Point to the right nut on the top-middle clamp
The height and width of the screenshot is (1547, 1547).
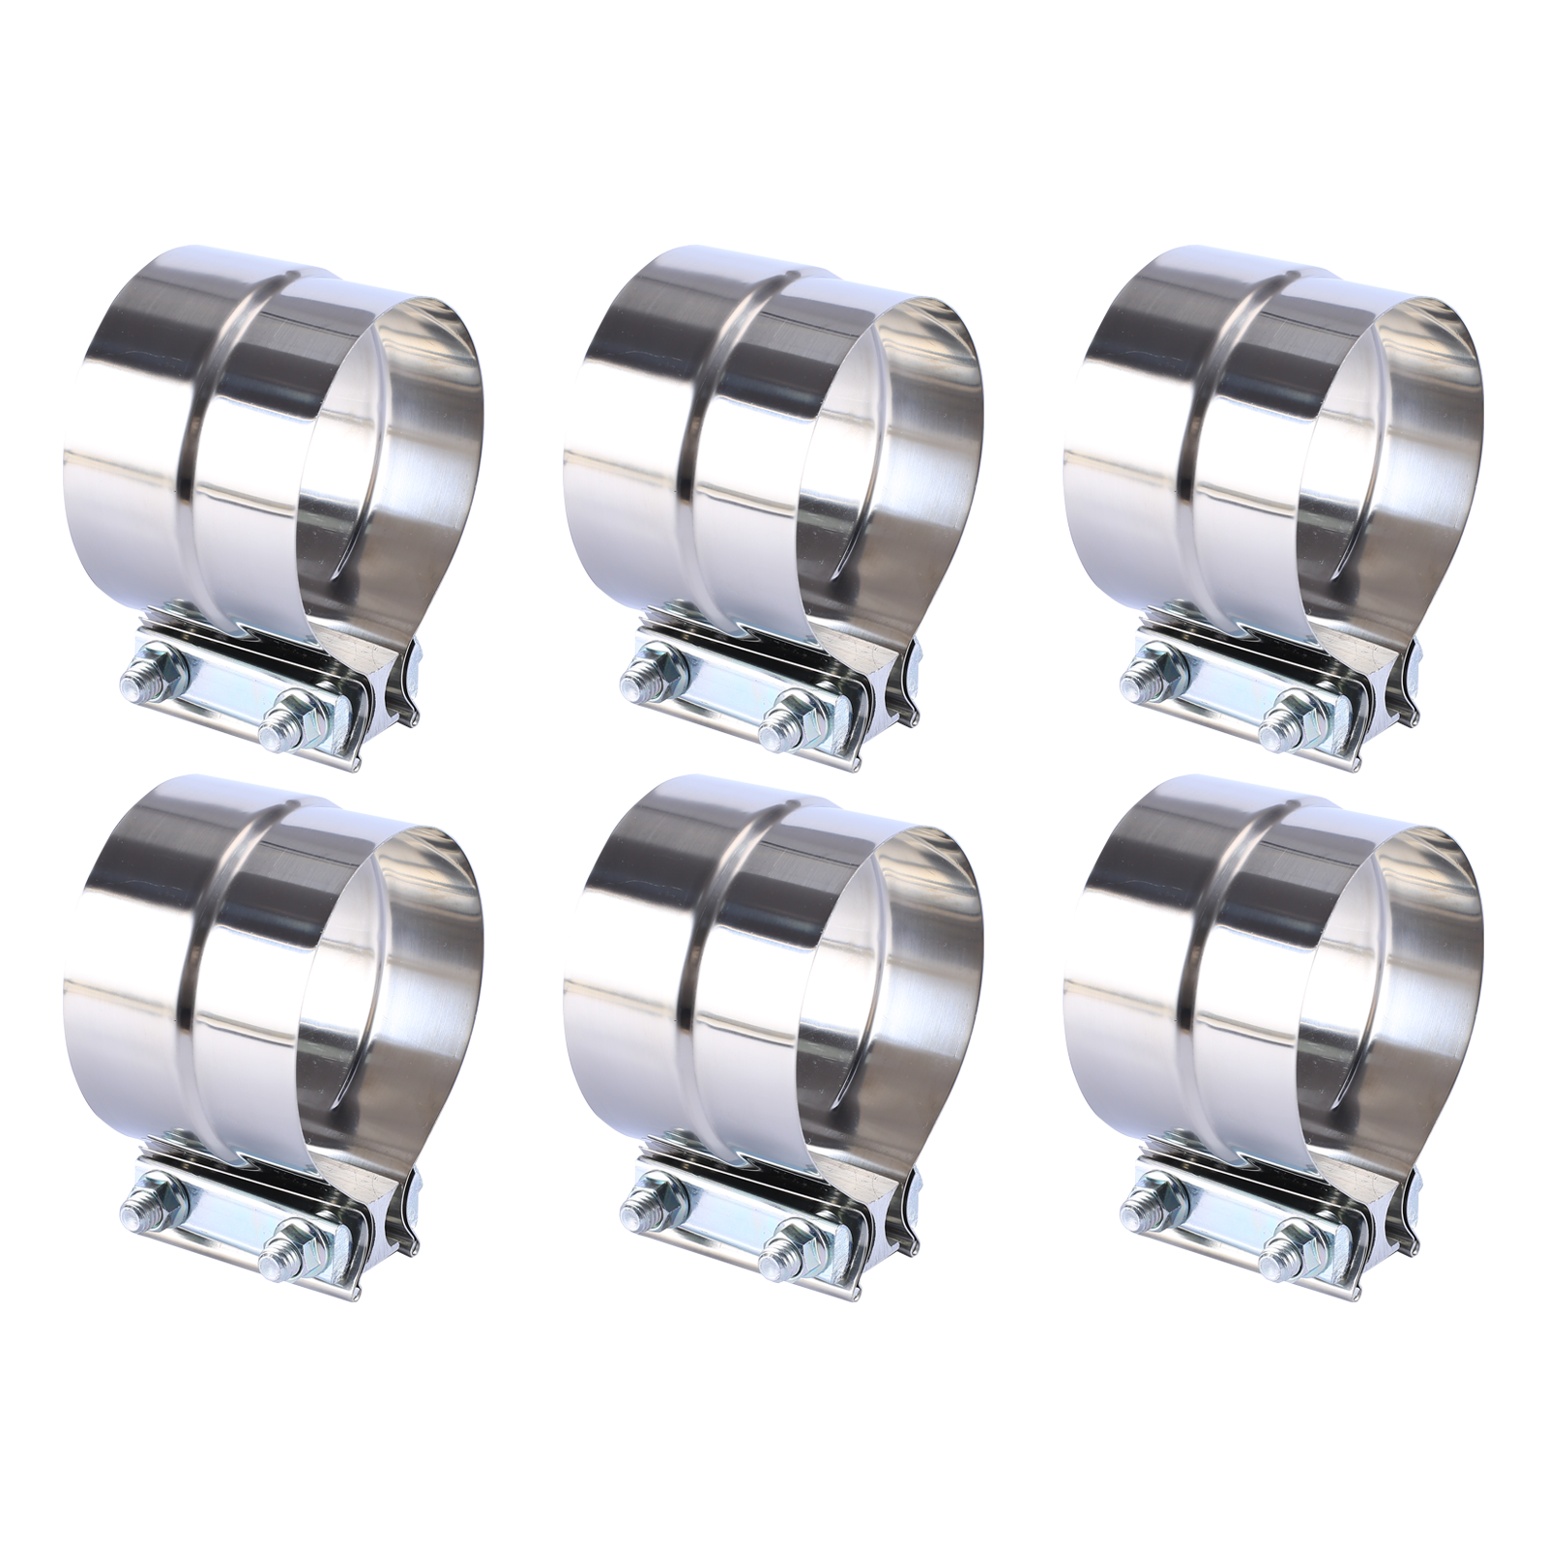(x=795, y=720)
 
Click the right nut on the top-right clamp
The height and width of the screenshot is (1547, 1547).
(x=1293, y=720)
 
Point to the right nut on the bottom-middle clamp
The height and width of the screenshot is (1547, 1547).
(x=795, y=1252)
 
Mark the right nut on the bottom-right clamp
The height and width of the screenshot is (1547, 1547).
(x=1293, y=1252)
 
